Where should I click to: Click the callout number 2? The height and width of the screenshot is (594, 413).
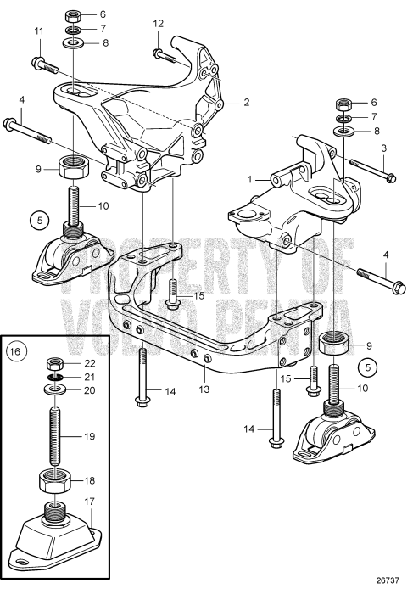tap(247, 103)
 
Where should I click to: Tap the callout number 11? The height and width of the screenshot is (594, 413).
tap(37, 31)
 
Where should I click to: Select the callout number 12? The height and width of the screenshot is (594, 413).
tap(157, 24)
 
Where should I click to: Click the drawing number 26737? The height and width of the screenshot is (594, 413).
tap(388, 583)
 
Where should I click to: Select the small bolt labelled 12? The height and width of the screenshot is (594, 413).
tap(164, 54)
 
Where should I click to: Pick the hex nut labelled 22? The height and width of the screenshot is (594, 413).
tap(54, 363)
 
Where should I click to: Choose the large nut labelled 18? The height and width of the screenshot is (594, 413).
tap(54, 480)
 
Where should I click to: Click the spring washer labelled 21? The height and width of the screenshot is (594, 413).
tap(54, 377)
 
